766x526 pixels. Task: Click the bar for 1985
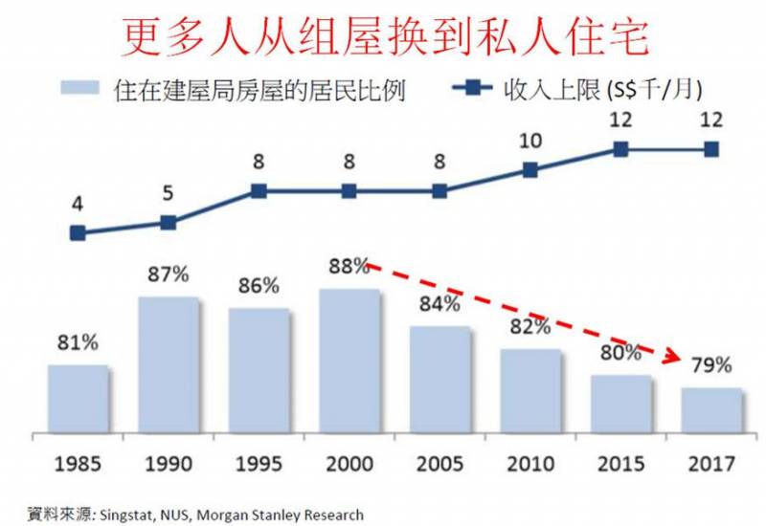[78, 396]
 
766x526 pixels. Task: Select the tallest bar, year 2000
[349, 358]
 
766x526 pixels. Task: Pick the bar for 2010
[529, 387]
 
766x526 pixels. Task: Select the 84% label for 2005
[440, 305]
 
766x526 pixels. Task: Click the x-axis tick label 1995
[259, 465]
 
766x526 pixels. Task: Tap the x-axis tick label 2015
[620, 465]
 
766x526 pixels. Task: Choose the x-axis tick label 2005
[439, 465]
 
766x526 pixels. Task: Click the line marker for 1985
[79, 232]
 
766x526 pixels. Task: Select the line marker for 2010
[529, 170]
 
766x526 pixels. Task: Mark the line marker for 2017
[710, 149]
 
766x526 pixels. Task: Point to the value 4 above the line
[78, 204]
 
